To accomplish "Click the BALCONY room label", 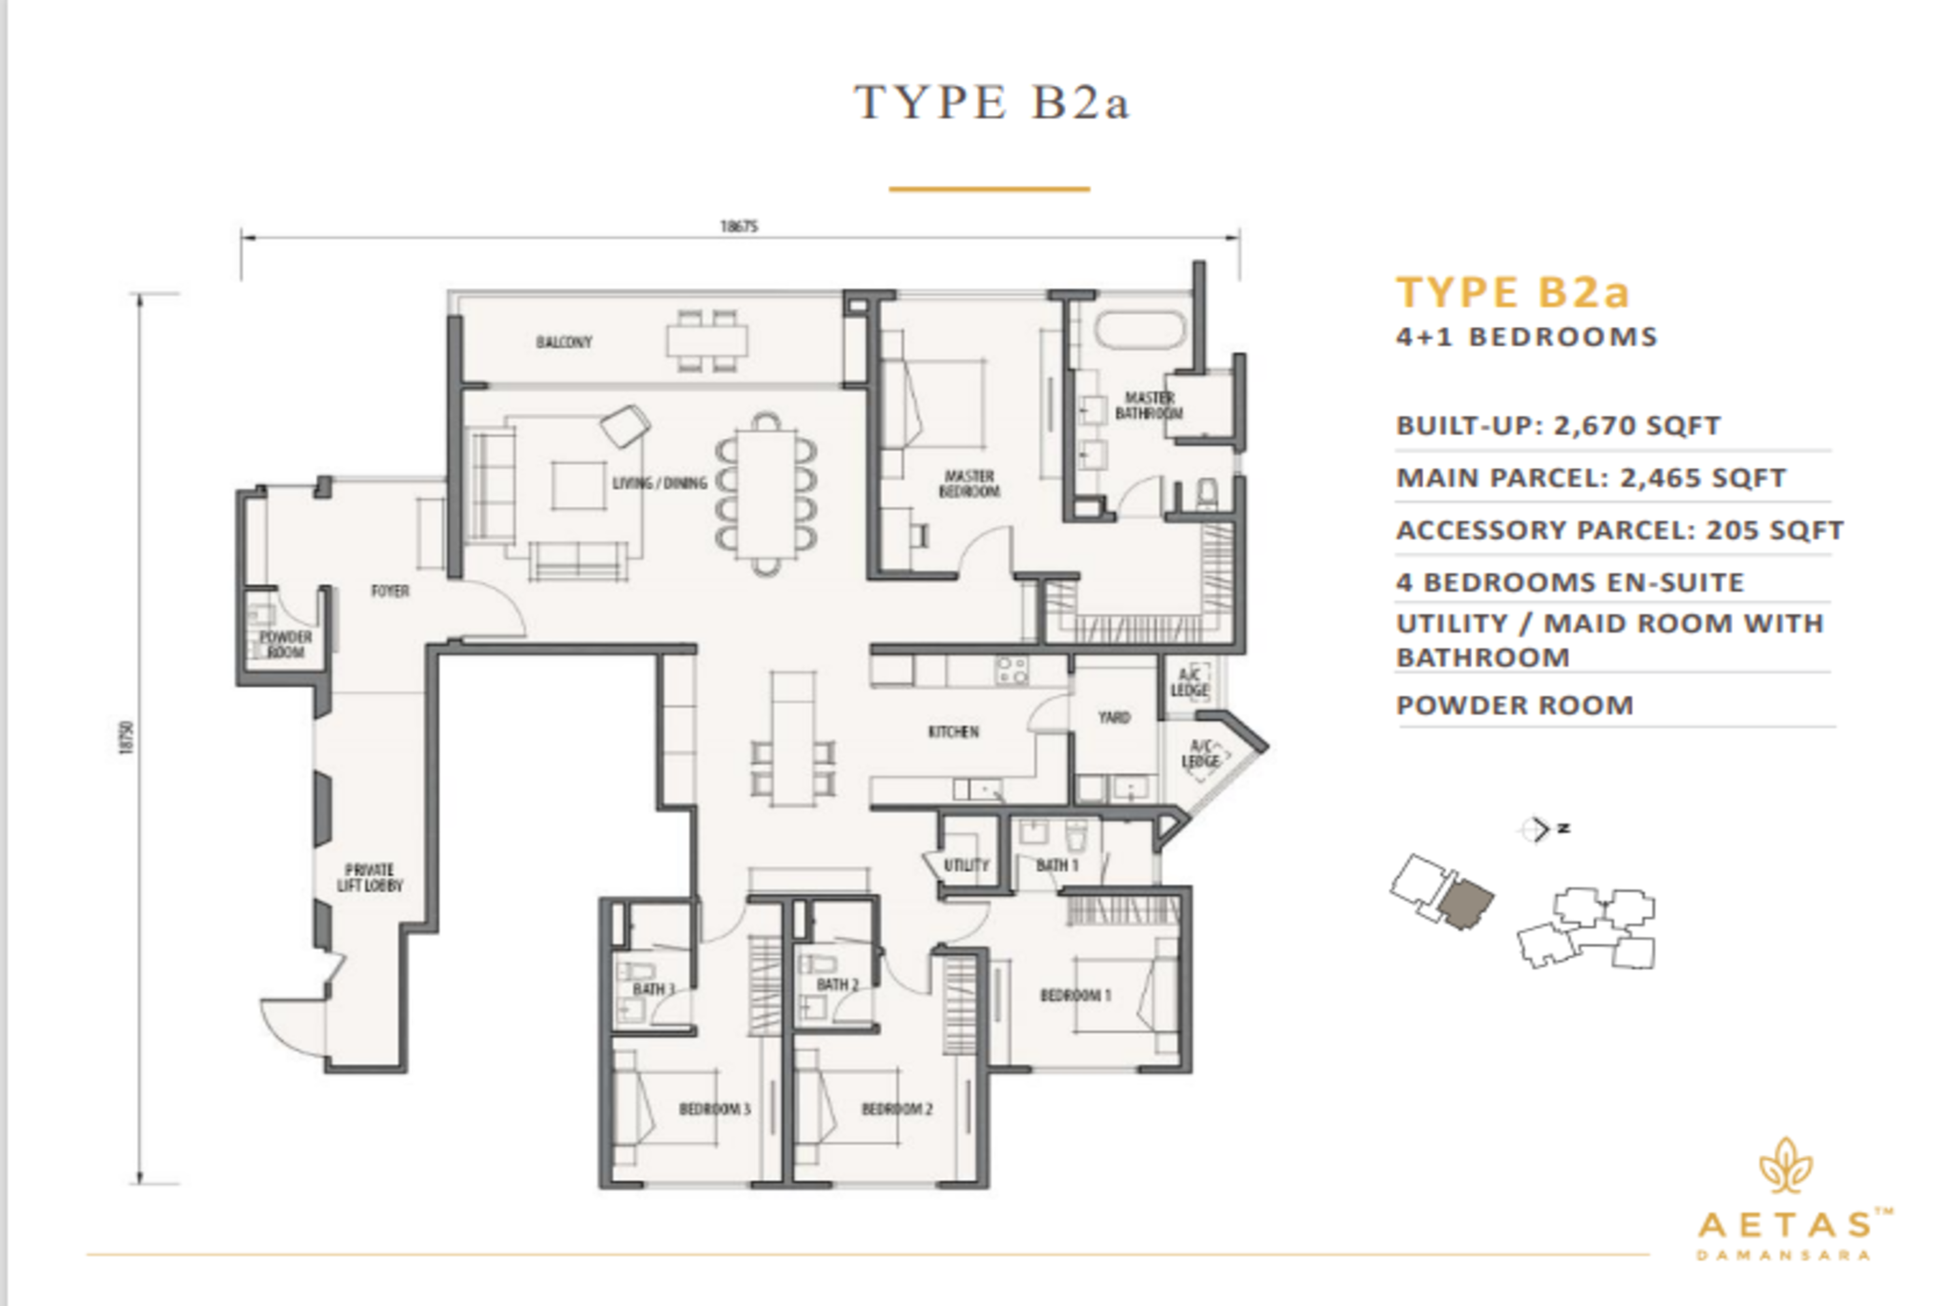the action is (x=564, y=342).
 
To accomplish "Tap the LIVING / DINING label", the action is (x=660, y=483).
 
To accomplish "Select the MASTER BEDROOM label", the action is (x=970, y=484).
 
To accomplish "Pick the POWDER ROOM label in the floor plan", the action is (x=285, y=645).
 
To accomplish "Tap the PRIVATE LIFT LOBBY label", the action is (x=370, y=878).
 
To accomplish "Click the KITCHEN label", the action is (x=953, y=732).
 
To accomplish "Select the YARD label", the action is (x=1113, y=717).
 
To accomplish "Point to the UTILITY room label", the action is (x=966, y=865).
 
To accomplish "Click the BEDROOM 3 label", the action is (x=714, y=1109).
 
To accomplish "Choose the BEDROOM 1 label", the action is (x=1075, y=995).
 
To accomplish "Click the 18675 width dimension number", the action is (x=739, y=227).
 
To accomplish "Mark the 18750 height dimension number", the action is (x=127, y=738).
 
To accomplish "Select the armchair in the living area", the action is (x=626, y=426).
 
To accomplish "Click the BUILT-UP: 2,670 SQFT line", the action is (x=1558, y=426).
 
